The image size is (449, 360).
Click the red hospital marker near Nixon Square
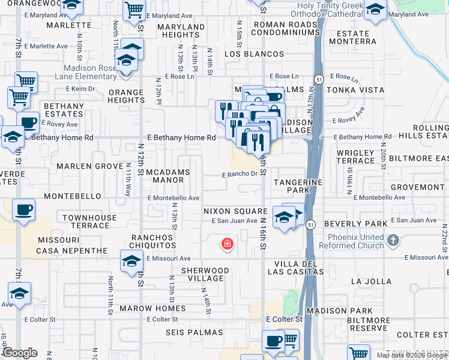tap(228, 244)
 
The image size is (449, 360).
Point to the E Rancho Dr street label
tap(239, 175)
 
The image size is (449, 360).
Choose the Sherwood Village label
tap(205, 274)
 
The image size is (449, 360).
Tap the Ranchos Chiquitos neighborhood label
tap(152, 241)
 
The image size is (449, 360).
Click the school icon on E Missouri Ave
tap(131, 262)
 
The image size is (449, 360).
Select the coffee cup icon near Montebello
tap(23, 211)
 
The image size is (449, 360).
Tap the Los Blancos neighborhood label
tap(254, 54)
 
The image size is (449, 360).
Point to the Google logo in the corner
tap(20, 353)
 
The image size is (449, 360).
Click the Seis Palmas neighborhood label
tap(198, 332)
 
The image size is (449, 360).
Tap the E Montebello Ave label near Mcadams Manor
tap(173, 197)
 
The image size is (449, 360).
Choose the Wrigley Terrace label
tap(355, 157)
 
